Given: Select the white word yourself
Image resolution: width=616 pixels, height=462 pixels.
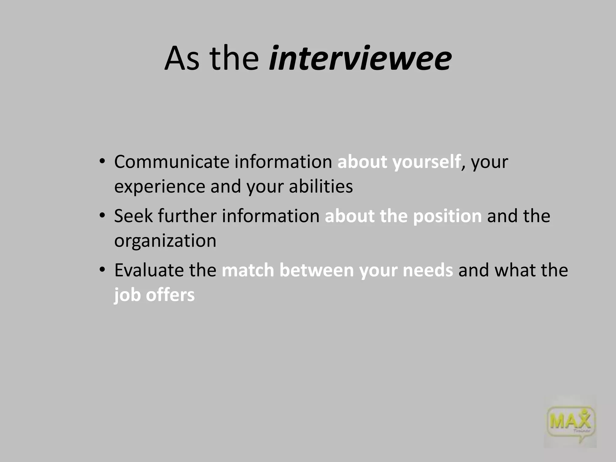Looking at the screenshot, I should pyautogui.click(x=426, y=162).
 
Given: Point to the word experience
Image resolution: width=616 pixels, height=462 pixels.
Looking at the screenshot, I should pyautogui.click(x=159, y=186).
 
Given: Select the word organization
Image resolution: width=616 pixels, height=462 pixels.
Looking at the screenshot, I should pyautogui.click(x=165, y=241).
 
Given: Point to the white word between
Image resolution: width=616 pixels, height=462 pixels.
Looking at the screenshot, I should pyautogui.click(x=316, y=270).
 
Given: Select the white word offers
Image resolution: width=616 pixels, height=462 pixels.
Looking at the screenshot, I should pyautogui.click(x=170, y=295).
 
